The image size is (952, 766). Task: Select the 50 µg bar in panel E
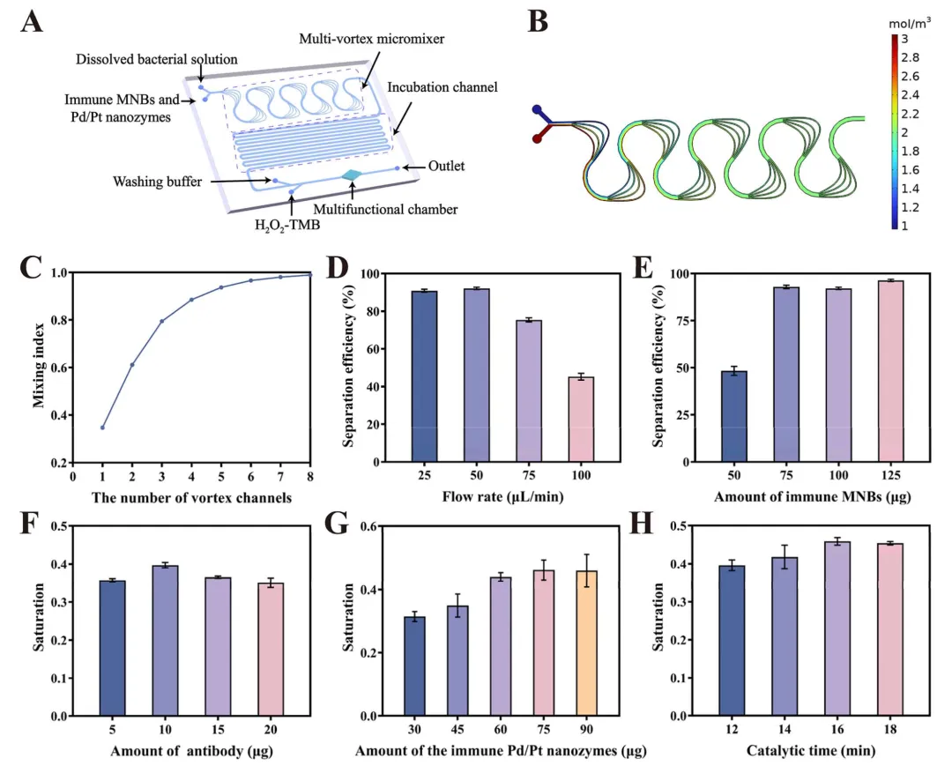(x=733, y=416)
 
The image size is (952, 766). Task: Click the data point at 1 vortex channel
(x=103, y=428)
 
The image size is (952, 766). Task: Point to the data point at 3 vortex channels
(x=162, y=321)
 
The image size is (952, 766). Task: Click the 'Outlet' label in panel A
(x=446, y=165)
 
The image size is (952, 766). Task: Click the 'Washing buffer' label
(x=154, y=182)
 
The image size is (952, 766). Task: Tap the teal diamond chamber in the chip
(x=353, y=176)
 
